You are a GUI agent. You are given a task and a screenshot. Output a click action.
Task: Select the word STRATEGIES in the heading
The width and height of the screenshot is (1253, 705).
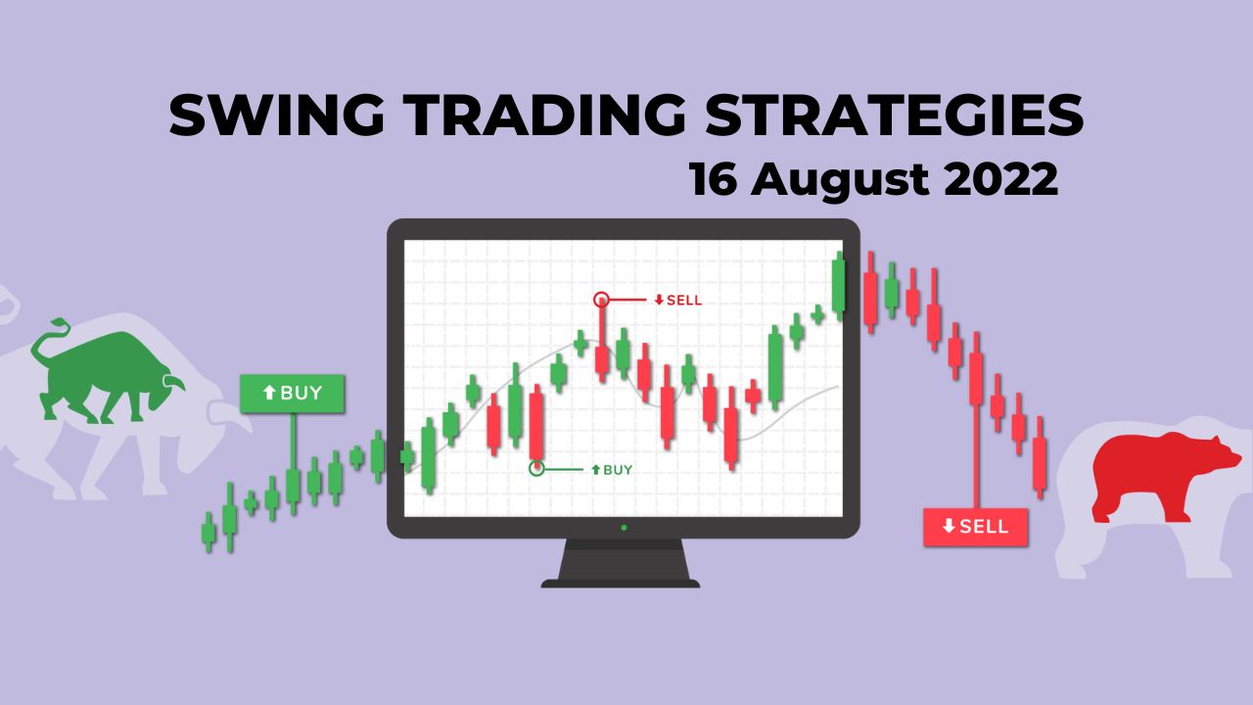(896, 117)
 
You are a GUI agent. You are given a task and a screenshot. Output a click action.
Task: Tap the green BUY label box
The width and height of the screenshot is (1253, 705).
(294, 394)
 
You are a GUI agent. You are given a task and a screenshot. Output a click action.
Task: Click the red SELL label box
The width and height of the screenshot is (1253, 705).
(975, 527)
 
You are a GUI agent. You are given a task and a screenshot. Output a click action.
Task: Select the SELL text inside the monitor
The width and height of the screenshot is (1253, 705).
(683, 300)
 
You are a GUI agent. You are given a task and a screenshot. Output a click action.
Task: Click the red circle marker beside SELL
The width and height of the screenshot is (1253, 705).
(602, 300)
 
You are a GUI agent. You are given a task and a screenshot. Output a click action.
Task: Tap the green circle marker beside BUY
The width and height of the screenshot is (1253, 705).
(536, 469)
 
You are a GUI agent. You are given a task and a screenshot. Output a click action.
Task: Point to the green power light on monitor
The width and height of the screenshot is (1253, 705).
(624, 528)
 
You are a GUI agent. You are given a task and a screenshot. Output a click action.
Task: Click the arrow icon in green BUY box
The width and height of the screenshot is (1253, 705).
(269, 394)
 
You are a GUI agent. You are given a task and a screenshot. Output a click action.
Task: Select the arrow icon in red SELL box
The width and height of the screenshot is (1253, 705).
(948, 527)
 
